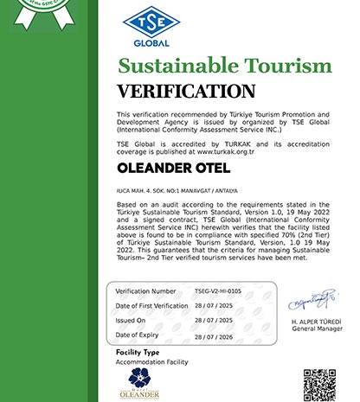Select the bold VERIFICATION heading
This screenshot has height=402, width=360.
185,92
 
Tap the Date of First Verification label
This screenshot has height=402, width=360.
152,306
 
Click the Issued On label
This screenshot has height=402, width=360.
132,321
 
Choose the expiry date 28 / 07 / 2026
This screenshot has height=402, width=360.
215,336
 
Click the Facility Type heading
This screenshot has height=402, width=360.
138,354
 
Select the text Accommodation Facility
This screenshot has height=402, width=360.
152,363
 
